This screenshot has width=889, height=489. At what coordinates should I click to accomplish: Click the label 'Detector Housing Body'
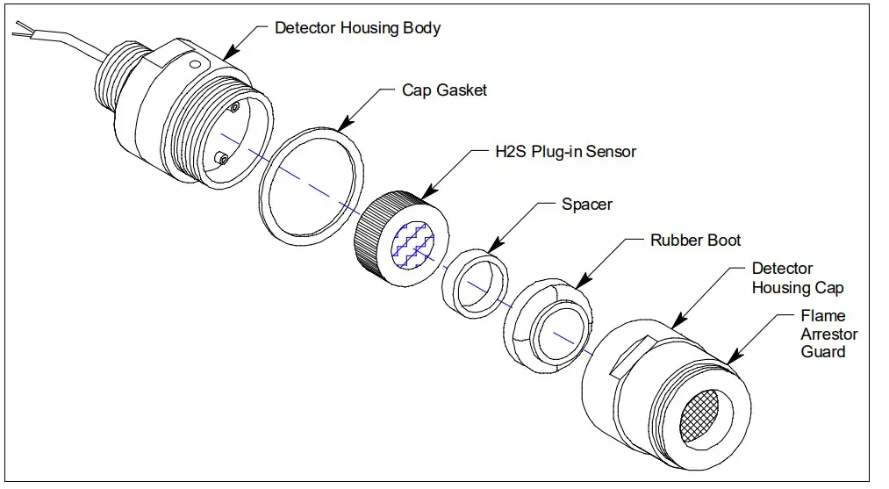pos(357,28)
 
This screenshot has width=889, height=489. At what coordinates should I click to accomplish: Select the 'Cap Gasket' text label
pos(444,90)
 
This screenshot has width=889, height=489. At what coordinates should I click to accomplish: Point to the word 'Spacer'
pos(587,205)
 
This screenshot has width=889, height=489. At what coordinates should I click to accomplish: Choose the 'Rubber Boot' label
pos(695,240)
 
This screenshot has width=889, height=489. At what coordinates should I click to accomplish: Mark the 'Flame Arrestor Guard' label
pos(823,334)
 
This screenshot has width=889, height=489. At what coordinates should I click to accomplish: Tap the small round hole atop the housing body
pos(195,62)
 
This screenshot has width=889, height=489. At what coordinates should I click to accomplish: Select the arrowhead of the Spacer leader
pos(490,250)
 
